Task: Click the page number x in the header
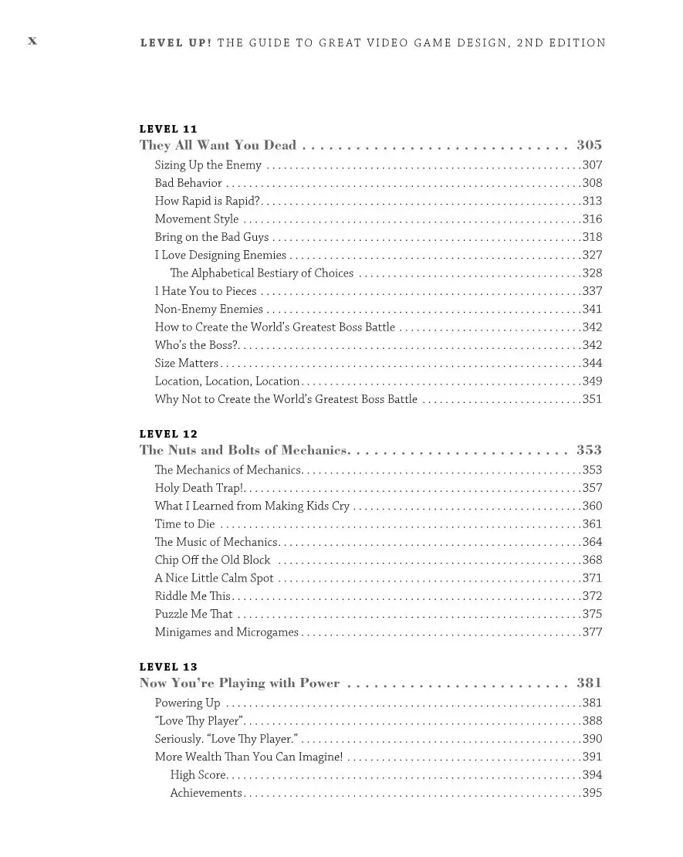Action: tap(32, 41)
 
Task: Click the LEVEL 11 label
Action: tap(168, 129)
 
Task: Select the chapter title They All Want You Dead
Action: tap(218, 145)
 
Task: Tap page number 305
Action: tap(589, 145)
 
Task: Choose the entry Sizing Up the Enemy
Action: tap(208, 165)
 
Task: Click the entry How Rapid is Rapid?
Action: tap(206, 201)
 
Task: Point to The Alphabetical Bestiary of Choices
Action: tap(262, 273)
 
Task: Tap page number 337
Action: tap(592, 291)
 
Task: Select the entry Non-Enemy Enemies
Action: tap(208, 310)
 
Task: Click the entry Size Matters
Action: tap(186, 363)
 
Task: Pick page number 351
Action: tap(592, 399)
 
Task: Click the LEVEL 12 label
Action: tap(168, 434)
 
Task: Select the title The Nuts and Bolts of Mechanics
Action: tap(245, 450)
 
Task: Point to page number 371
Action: tap(592, 578)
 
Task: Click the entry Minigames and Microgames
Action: tap(226, 632)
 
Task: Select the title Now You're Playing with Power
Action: tap(239, 683)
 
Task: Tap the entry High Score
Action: tap(198, 775)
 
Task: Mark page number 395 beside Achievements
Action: tap(592, 793)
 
